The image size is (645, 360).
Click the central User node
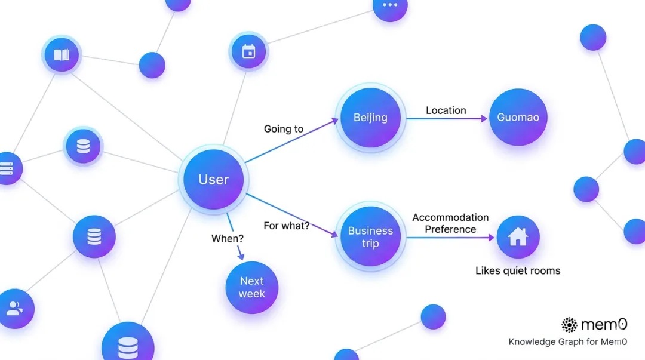(214, 179)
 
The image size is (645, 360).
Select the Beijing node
(370, 118)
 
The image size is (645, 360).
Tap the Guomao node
(518, 118)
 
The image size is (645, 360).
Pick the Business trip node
(370, 237)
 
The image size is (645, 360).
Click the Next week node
(251, 287)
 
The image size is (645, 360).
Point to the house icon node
(518, 237)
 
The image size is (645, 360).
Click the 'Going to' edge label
(284, 129)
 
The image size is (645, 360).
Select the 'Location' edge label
(446, 110)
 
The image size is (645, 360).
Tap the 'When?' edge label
(228, 239)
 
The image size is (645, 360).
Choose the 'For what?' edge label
(287, 226)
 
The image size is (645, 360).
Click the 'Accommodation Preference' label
(450, 223)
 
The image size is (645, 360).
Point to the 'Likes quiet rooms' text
(518, 271)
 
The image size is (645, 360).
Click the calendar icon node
(248, 52)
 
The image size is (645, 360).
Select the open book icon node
(62, 55)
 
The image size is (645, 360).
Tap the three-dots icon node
(389, 5)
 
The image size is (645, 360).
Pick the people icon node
(14, 309)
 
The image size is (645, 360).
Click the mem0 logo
(594, 325)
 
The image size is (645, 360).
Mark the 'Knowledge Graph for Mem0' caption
(567, 342)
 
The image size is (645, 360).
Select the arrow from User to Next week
(235, 236)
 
